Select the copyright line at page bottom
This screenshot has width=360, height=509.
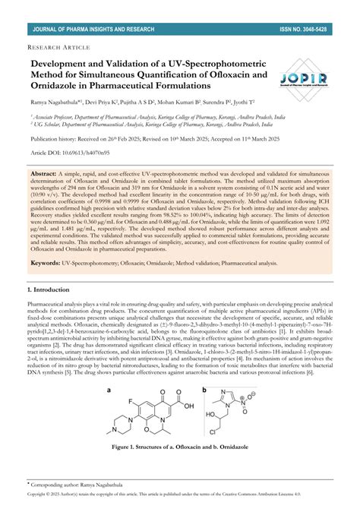click(x=180, y=495)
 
